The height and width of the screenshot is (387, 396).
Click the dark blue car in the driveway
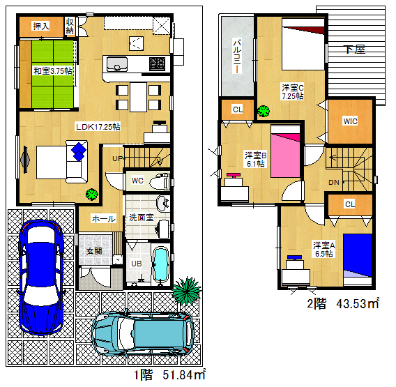tap(41, 277)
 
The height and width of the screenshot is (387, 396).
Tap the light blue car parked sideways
tap(143, 333)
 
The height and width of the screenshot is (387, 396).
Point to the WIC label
tap(350, 121)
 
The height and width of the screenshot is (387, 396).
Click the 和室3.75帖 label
tap(53, 71)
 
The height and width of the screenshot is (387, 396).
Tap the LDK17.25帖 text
tap(98, 126)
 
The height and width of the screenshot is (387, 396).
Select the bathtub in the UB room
tap(160, 264)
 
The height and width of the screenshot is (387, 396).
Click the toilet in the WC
tap(160, 181)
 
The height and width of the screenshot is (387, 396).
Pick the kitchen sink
tap(116, 64)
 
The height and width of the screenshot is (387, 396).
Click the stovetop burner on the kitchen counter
tap(157, 64)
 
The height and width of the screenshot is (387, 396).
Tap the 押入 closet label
tap(41, 26)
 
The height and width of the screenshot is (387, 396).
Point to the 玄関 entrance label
tap(94, 251)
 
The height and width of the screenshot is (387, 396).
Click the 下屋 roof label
tap(356, 50)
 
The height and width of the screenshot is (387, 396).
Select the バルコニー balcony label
tap(236, 56)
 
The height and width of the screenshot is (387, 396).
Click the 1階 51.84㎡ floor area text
tap(169, 374)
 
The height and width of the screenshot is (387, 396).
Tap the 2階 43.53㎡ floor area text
tap(343, 303)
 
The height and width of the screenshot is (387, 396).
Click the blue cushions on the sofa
tap(79, 151)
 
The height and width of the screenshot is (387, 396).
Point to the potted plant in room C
tap(264, 111)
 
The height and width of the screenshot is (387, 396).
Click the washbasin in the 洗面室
tap(162, 204)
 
